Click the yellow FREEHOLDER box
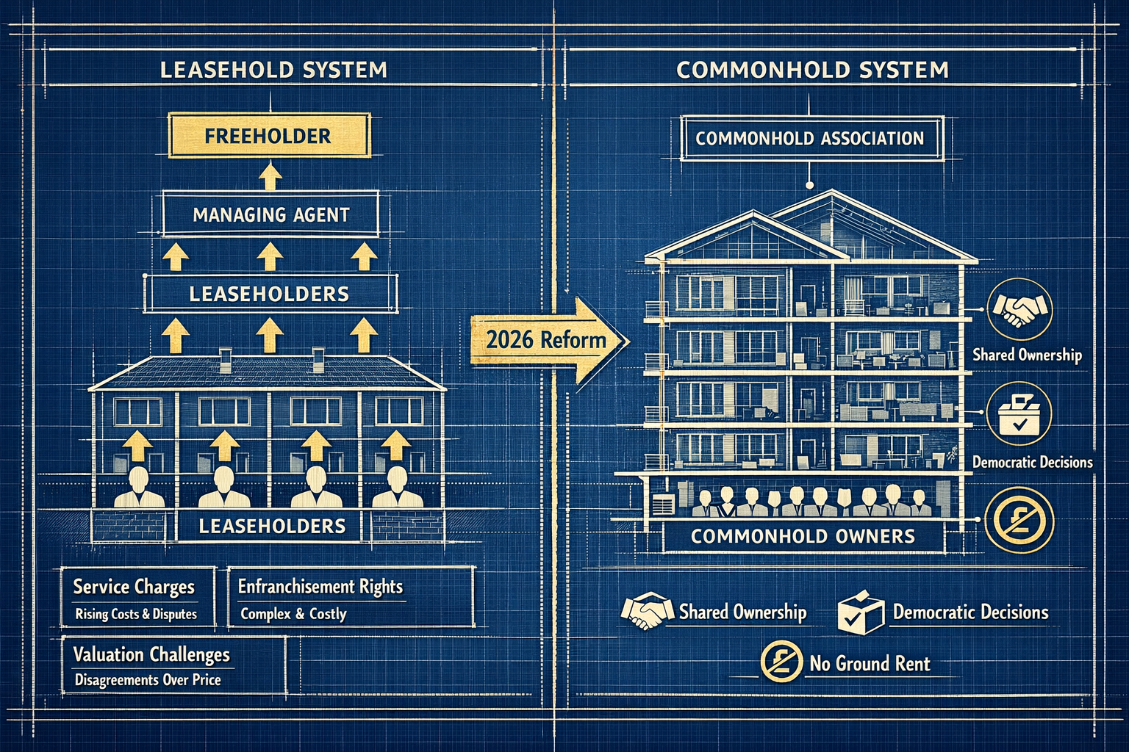click(268, 136)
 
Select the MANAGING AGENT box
click(270, 214)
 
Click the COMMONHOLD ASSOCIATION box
click(809, 138)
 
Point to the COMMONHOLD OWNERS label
click(803, 536)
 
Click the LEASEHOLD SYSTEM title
click(273, 70)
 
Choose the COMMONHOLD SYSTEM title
click(812, 70)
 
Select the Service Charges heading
click(134, 587)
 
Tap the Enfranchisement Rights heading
click(320, 587)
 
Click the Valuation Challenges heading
click(151, 654)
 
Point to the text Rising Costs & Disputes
click(136, 614)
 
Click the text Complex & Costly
click(293, 614)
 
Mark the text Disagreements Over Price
click(148, 680)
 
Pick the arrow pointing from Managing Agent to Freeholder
click(270, 176)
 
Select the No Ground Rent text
click(870, 664)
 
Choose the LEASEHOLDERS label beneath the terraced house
click(272, 526)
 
